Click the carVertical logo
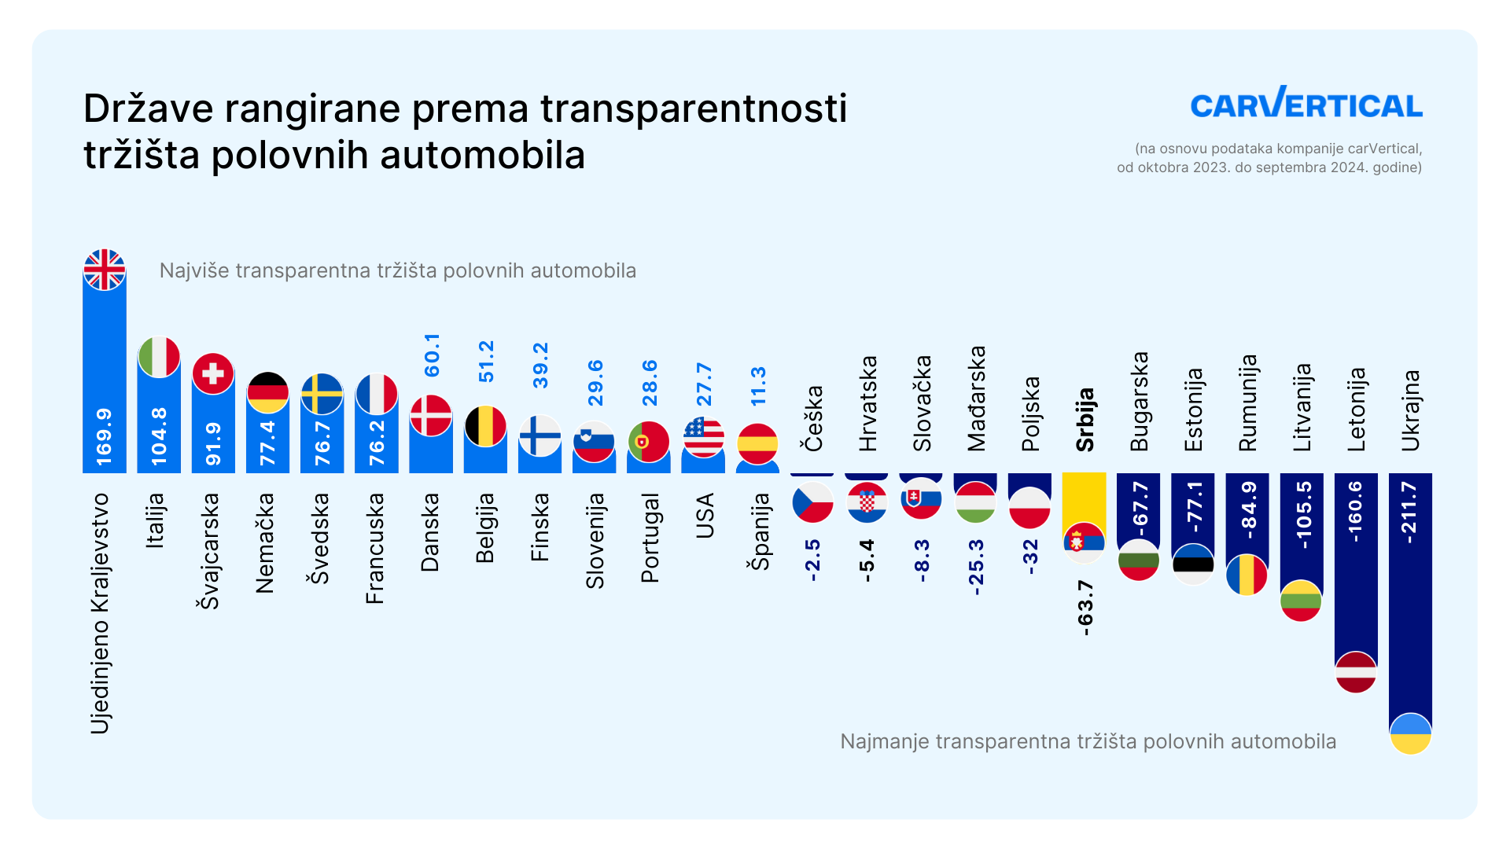(1306, 103)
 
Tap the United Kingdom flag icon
(105, 270)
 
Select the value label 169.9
(105, 436)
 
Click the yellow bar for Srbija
(1084, 499)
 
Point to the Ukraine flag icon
(1410, 733)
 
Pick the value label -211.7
(1410, 513)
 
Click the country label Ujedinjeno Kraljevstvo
(100, 613)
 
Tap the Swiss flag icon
(213, 373)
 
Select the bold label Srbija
(1085, 420)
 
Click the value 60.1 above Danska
(433, 355)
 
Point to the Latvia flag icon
(1356, 672)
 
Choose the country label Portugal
(650, 538)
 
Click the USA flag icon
(704, 436)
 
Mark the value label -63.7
(1085, 608)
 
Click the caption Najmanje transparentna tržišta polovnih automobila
(1088, 741)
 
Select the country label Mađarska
(977, 399)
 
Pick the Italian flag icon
(159, 357)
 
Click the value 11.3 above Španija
(759, 386)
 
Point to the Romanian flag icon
(1247, 575)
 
